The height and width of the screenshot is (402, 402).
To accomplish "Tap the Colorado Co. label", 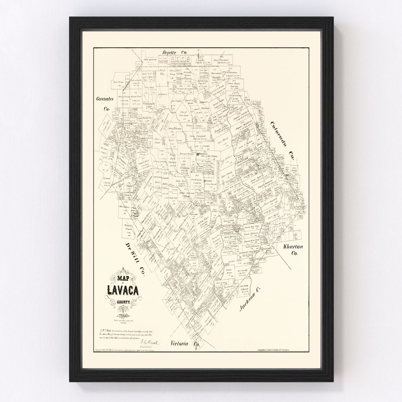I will [282, 141].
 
